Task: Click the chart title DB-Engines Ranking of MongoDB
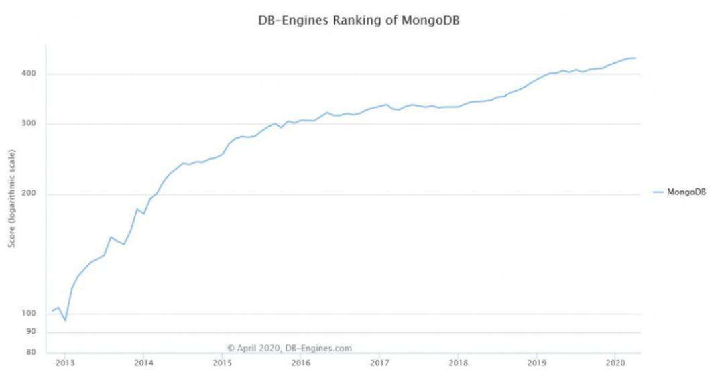(361, 20)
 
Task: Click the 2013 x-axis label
(65, 363)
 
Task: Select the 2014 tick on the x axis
(143, 363)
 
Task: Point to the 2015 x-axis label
(222, 363)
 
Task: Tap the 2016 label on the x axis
(300, 363)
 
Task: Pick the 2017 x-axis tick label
(379, 363)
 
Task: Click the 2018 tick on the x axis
(458, 363)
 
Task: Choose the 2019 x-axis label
(536, 363)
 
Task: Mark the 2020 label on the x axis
(615, 363)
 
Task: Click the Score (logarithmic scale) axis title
(11, 199)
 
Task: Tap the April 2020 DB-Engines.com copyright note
(289, 348)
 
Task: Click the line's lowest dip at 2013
(65, 320)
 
